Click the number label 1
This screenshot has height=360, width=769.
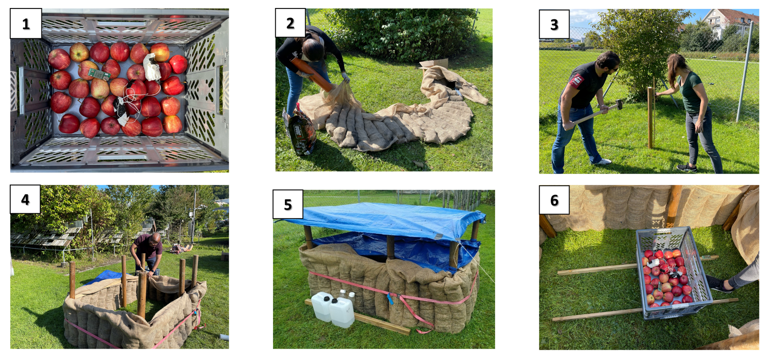[26, 24]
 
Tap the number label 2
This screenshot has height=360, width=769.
[290, 23]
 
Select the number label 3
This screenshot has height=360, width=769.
[554, 24]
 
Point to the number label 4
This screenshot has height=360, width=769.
[25, 199]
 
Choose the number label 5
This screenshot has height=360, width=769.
[288, 204]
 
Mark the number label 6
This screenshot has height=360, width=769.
[554, 200]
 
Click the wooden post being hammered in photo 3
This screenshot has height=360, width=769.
[651, 117]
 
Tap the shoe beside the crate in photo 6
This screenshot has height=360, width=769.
[719, 284]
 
